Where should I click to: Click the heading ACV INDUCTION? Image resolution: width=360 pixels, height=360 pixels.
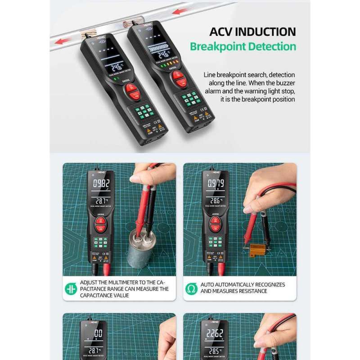252,31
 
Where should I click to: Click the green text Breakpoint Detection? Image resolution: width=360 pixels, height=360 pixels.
243,46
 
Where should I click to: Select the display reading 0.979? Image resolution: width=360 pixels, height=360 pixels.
215,184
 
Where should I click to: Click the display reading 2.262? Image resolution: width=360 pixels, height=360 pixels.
215,333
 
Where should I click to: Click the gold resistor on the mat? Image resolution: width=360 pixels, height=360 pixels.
258,249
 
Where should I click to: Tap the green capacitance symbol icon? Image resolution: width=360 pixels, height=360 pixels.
71,288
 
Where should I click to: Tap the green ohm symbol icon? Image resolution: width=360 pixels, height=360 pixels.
191,288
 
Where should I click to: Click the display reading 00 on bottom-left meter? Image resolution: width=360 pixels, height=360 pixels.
99,333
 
